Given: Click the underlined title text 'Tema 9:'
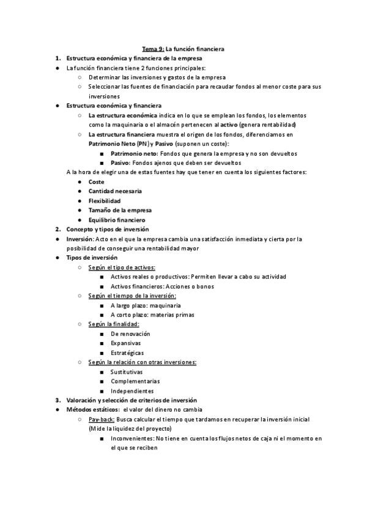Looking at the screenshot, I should pyautogui.click(x=153, y=48).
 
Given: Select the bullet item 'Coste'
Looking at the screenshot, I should pyautogui.click(x=96, y=182).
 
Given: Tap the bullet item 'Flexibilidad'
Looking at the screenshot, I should pyautogui.click(x=105, y=201).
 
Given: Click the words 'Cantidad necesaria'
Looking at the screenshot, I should pyautogui.click(x=115, y=191).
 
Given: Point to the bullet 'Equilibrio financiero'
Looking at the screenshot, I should pyautogui.click(x=117, y=220).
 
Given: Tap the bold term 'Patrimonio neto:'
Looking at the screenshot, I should pyautogui.click(x=134, y=153).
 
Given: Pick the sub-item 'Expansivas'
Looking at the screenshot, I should pyautogui.click(x=126, y=343).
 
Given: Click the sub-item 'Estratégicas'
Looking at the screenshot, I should pyautogui.click(x=127, y=352).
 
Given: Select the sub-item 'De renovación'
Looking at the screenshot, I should pyautogui.click(x=130, y=334).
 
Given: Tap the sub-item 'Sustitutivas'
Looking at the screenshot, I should pyautogui.click(x=127, y=372).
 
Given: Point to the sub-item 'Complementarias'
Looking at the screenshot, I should pyautogui.click(x=135, y=381).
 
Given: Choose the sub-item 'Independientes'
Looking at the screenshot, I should pyautogui.click(x=132, y=391).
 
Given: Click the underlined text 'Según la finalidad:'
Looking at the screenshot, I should pyautogui.click(x=114, y=324).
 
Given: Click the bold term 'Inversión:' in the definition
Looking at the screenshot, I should pyautogui.click(x=80, y=239).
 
